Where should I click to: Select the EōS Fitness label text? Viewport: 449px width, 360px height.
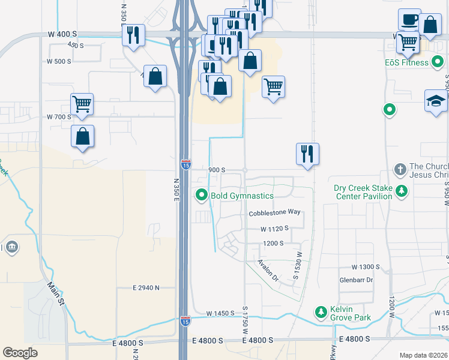[x=406, y=62]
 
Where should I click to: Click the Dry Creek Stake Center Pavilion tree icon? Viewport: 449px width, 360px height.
[x=401, y=191]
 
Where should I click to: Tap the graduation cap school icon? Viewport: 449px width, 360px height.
[x=436, y=101]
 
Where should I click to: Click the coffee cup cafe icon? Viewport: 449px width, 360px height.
[x=409, y=20]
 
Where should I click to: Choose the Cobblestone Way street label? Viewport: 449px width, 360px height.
[x=274, y=212]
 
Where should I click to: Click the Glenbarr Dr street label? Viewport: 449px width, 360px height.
[x=356, y=280]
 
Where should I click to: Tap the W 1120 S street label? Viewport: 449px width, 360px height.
[x=274, y=229]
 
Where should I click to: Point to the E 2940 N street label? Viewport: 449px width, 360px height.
[x=146, y=288]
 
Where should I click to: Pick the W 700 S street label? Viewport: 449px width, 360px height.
[x=58, y=116]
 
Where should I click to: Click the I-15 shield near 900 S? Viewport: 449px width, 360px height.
[x=186, y=164]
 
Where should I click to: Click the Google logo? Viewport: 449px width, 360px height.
[x=20, y=353]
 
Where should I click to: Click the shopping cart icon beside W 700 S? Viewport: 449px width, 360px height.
[x=82, y=103]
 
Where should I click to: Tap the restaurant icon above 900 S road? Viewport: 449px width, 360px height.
[x=307, y=154]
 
